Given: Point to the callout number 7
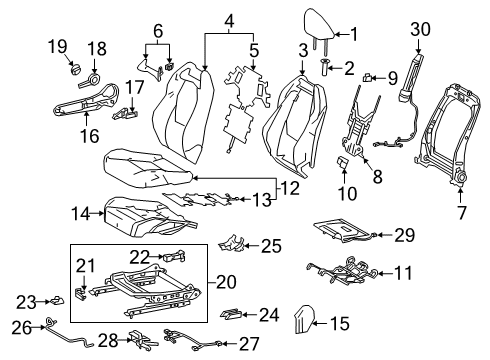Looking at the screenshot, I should (x=462, y=212).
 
